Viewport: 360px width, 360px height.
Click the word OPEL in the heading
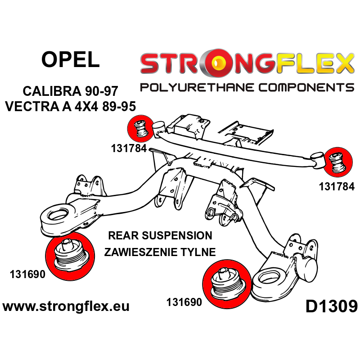pyautogui.click(x=71, y=59)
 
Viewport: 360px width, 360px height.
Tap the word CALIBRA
pyautogui.click(x=52, y=91)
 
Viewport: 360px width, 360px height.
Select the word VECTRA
pyautogui.click(x=32, y=107)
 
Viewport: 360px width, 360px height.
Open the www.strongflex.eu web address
pyautogui.click(x=66, y=306)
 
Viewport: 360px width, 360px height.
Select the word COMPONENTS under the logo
pyautogui.click(x=306, y=87)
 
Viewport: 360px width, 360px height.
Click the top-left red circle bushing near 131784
pyautogui.click(x=141, y=129)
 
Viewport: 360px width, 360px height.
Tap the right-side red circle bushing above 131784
pyautogui.click(x=338, y=162)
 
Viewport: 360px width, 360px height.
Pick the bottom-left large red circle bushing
pyautogui.click(x=70, y=256)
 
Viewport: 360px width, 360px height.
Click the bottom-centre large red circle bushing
pyautogui.click(x=227, y=284)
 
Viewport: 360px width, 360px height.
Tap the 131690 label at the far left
pyautogui.click(x=27, y=274)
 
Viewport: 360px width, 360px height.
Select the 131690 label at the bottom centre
pyautogui.click(x=184, y=302)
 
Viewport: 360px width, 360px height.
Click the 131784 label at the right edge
pyautogui.click(x=337, y=187)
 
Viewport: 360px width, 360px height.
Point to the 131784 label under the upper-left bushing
pyautogui.click(x=129, y=148)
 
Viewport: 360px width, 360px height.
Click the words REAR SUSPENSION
pyautogui.click(x=160, y=235)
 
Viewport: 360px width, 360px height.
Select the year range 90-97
pyautogui.click(x=102, y=91)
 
